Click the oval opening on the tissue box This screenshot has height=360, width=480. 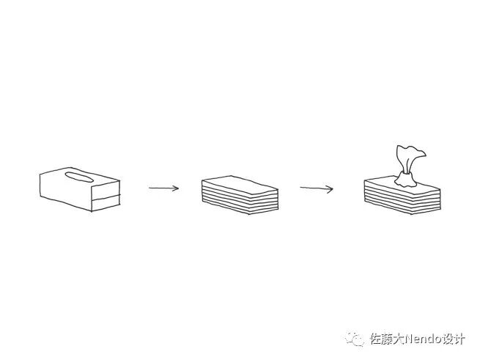click(x=78, y=175)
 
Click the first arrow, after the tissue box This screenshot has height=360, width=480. click(x=163, y=188)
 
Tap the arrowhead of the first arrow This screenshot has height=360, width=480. click(x=177, y=188)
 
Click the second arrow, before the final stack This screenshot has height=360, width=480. click(x=316, y=188)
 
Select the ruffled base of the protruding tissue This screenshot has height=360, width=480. click(x=404, y=178)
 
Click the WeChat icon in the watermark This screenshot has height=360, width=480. click(x=356, y=339)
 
